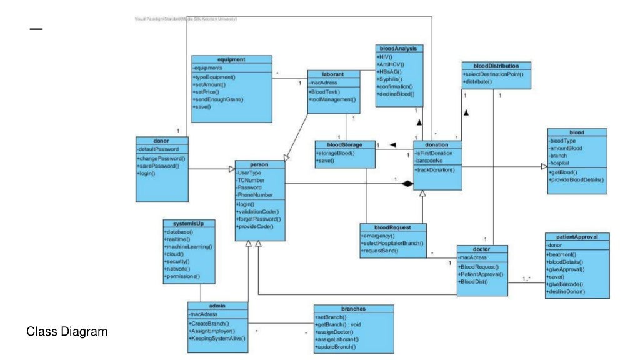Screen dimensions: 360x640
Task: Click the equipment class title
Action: tap(232, 59)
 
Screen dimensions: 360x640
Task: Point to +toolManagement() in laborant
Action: tap(333, 99)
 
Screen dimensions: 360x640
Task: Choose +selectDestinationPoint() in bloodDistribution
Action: tap(493, 74)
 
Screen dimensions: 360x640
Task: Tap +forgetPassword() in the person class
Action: tap(259, 219)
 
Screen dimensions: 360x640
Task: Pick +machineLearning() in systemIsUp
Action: tap(188, 247)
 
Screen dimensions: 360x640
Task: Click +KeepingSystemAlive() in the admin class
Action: tap(217, 338)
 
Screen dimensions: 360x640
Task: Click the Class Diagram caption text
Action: tap(67, 332)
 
